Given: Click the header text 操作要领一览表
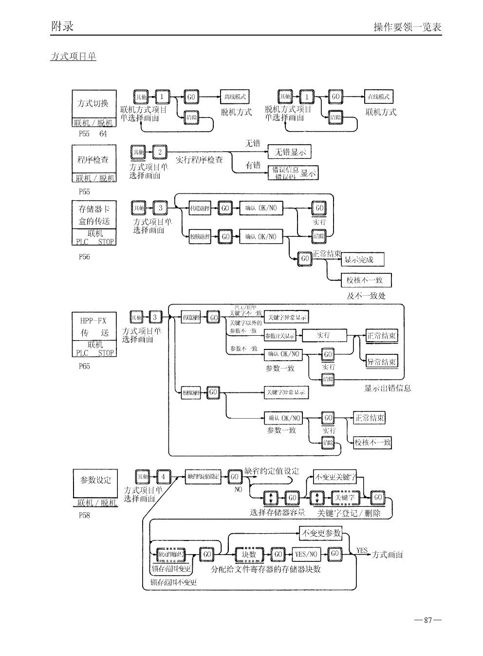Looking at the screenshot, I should [407, 27].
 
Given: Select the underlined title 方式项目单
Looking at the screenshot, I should [73, 57].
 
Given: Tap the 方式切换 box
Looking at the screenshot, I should [94, 103].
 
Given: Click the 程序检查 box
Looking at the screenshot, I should [94, 159].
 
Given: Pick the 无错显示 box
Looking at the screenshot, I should [289, 152].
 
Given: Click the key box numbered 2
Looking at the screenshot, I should [160, 152].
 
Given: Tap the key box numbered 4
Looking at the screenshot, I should [164, 476].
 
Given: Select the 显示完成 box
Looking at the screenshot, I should [362, 260].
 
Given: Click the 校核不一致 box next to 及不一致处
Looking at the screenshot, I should [368, 280].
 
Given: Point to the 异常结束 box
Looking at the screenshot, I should [382, 362].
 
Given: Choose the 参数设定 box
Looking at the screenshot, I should [95, 480].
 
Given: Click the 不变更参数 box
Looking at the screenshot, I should [321, 533].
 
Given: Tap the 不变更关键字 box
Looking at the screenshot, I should [335, 477].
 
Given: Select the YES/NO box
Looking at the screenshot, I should [306, 554].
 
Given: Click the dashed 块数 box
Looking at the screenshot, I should [249, 554].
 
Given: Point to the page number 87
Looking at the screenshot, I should [428, 620].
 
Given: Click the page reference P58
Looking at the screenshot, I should [84, 515].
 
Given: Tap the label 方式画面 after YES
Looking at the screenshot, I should [388, 555].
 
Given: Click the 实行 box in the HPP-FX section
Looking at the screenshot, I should [324, 335].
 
